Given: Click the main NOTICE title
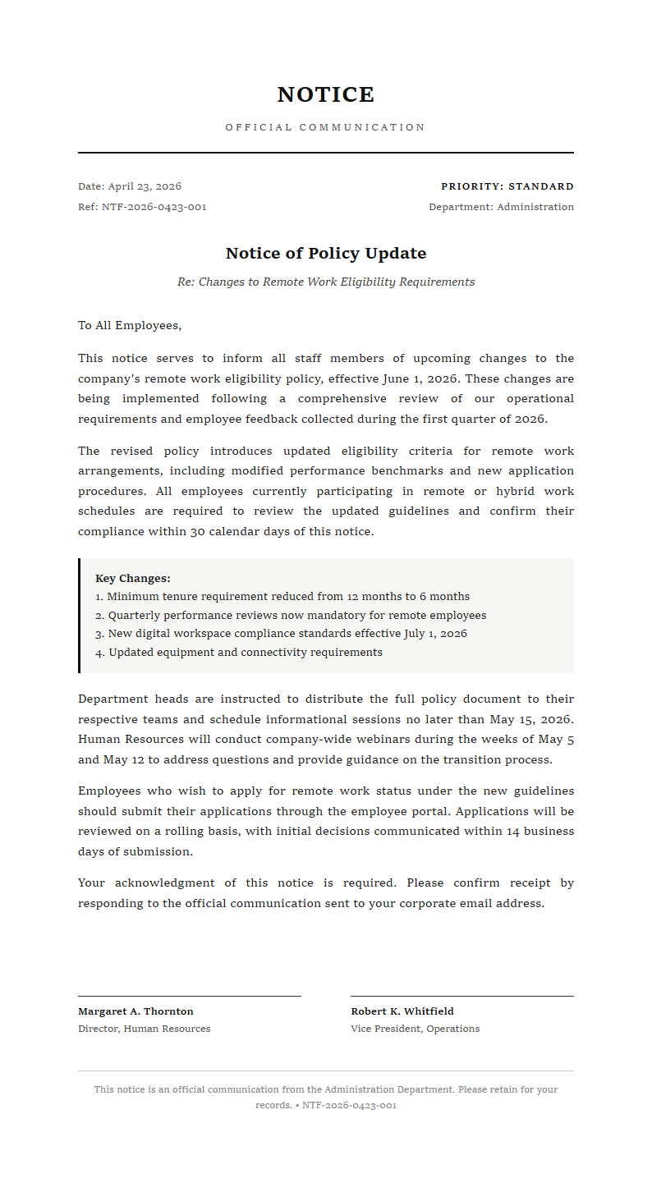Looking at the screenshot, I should click(326, 95).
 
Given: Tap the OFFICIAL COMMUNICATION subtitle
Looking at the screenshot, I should click(326, 127).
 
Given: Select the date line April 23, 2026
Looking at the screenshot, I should click(130, 186).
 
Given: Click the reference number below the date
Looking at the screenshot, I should click(142, 207).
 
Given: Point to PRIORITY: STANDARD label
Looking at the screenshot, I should click(507, 186).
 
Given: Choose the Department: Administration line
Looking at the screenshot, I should click(501, 207).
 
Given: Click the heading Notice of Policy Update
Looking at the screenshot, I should click(326, 253).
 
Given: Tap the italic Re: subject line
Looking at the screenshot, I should click(326, 282).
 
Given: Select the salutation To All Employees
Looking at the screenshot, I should click(130, 325).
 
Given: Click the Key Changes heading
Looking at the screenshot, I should click(133, 579).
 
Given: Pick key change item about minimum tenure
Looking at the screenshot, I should click(282, 597).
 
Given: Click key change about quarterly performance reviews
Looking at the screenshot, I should click(291, 616).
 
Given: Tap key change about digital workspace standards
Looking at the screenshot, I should click(281, 634).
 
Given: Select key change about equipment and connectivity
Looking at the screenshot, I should click(239, 653).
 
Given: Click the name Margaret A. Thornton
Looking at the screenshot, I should click(135, 1011).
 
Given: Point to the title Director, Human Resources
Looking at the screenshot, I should click(144, 1029).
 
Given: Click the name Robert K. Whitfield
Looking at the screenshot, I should click(402, 1011).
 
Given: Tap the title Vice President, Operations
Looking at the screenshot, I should click(415, 1029).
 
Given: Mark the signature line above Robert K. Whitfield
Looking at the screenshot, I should click(462, 996).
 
